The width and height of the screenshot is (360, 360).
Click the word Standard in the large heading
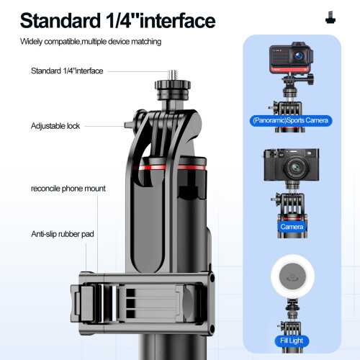click(x=60, y=21)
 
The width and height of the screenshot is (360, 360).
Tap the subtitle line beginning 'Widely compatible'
click(x=91, y=42)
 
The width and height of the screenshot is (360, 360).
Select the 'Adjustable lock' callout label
click(x=55, y=126)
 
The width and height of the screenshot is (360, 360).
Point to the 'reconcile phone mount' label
click(x=68, y=189)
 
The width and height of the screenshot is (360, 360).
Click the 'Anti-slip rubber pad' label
click(x=63, y=234)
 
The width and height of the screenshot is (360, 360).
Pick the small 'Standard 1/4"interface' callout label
click(x=67, y=71)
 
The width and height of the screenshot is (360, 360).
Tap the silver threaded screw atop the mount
click(x=173, y=76)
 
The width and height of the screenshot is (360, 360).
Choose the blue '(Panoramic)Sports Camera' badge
click(x=291, y=120)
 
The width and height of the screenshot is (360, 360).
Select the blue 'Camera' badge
click(x=292, y=227)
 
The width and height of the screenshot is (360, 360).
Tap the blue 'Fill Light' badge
click(x=292, y=341)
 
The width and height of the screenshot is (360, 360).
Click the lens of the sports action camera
click(x=299, y=56)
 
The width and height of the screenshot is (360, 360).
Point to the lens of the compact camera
click(x=295, y=167)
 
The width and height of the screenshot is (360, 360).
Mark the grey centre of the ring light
click(x=292, y=276)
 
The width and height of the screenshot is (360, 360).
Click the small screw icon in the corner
click(x=330, y=17)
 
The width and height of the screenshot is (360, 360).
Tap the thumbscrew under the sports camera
click(x=309, y=79)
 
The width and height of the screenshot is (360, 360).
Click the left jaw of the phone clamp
click(x=82, y=303)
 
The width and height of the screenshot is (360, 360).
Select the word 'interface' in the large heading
click(x=177, y=21)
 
